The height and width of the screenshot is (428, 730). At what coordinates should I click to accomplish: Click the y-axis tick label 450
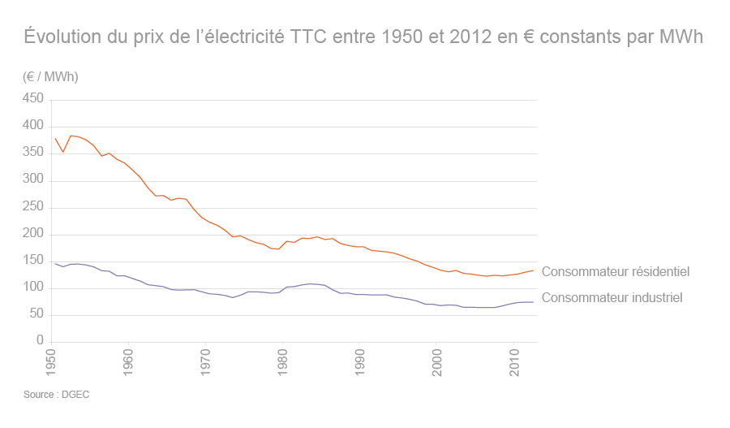pyautogui.click(x=32, y=98)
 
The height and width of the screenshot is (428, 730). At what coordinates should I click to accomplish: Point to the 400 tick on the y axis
pyautogui.click(x=32, y=126)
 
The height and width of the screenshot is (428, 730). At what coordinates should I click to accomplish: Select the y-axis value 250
pyautogui.click(x=32, y=207)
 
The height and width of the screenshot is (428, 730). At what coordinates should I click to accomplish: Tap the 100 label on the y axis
pyautogui.click(x=32, y=288)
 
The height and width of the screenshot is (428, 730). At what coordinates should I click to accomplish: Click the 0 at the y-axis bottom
pyautogui.click(x=39, y=342)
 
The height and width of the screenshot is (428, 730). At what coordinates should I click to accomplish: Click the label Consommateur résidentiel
pyautogui.click(x=615, y=272)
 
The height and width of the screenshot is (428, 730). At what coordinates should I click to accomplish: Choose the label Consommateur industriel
pyautogui.click(x=612, y=298)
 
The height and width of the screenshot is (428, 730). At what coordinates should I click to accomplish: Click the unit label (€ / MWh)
pyautogui.click(x=50, y=76)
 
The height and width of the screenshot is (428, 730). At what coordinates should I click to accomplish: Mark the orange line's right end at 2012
pyautogui.click(x=533, y=270)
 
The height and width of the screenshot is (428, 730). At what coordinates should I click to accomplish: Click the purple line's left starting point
pyautogui.click(x=55, y=263)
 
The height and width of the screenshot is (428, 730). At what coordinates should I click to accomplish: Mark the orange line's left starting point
pyautogui.click(x=55, y=138)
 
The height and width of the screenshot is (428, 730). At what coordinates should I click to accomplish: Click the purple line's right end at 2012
pyautogui.click(x=533, y=302)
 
